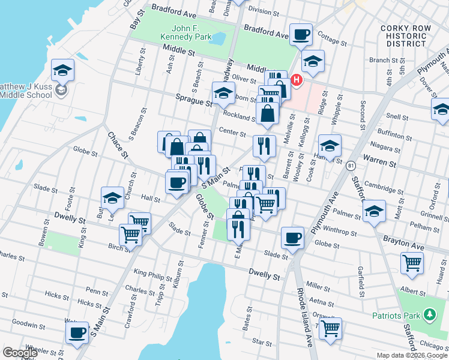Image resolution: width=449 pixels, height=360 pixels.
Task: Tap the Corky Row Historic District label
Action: [x=406, y=35]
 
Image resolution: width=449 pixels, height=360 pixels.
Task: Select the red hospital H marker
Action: [x=297, y=79]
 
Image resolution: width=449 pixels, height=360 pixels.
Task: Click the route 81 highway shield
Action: [x=351, y=165]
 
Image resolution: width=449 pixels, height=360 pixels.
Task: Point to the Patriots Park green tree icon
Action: [x=429, y=314]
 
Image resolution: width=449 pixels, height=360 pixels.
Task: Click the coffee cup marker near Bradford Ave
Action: [x=301, y=34]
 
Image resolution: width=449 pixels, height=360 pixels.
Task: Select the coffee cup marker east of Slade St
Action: [x=292, y=238]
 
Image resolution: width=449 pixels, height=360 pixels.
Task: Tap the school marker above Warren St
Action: [x=329, y=146]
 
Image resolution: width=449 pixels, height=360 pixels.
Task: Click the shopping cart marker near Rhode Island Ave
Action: [x=330, y=328]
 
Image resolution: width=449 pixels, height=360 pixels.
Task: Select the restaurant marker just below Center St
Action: [x=264, y=145]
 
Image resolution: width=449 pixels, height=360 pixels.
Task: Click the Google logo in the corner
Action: [x=20, y=353]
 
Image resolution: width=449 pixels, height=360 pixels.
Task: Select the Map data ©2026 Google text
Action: [x=412, y=355]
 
